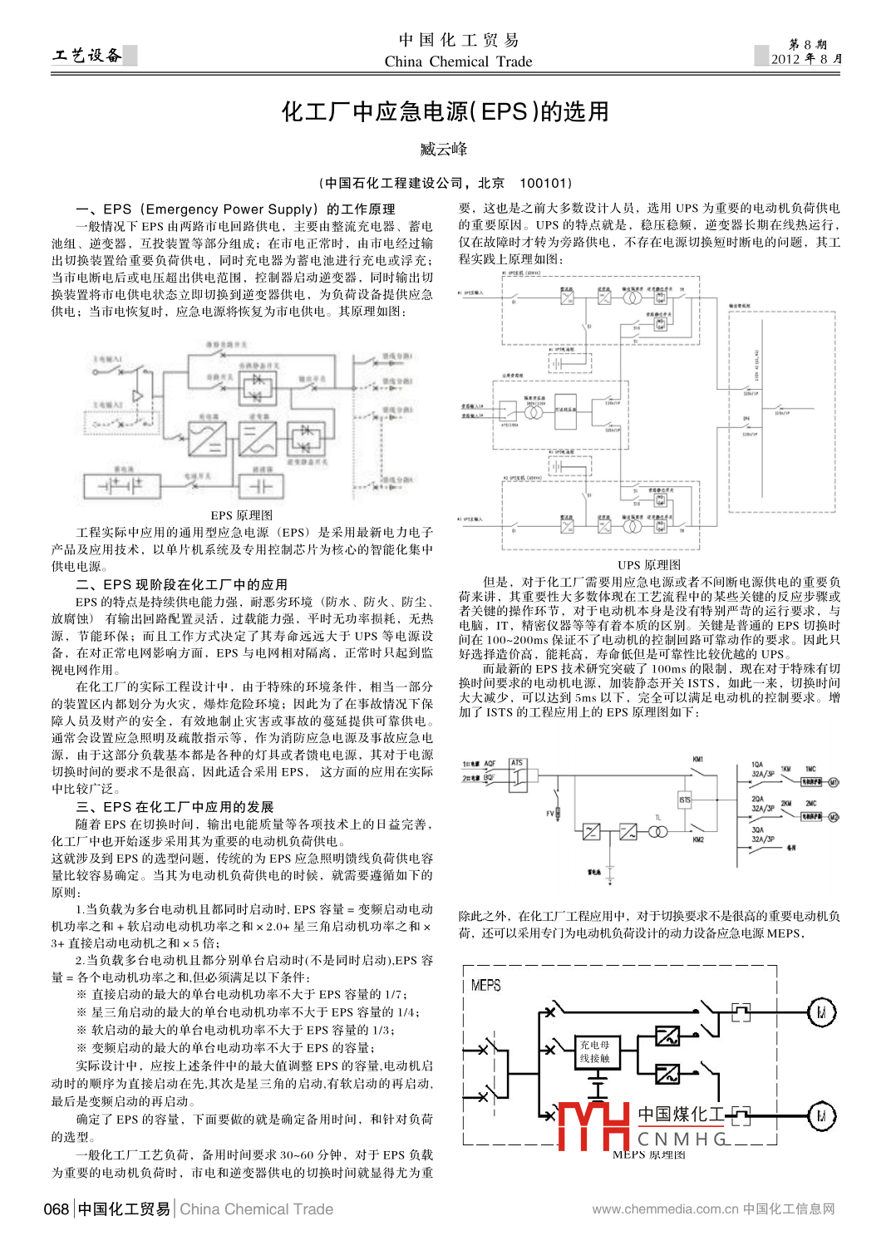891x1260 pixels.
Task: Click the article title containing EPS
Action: pyautogui.click(x=445, y=111)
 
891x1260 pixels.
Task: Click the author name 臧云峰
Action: pyautogui.click(x=444, y=150)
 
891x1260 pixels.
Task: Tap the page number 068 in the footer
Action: pyautogui.click(x=57, y=1209)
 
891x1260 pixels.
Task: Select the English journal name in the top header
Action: pyautogui.click(x=458, y=62)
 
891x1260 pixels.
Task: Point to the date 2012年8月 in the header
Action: pyautogui.click(x=805, y=59)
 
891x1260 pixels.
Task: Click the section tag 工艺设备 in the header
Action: pyautogui.click(x=86, y=56)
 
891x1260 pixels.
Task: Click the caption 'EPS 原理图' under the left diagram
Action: pyautogui.click(x=241, y=515)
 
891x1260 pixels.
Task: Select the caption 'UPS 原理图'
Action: pyautogui.click(x=649, y=565)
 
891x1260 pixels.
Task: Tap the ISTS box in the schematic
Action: pyautogui.click(x=685, y=800)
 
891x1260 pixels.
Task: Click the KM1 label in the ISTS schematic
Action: pyautogui.click(x=698, y=760)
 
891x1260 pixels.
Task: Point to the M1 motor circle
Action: pyautogui.click(x=834, y=782)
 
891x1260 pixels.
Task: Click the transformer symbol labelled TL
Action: pyautogui.click(x=657, y=831)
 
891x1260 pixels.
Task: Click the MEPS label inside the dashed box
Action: pyautogui.click(x=485, y=985)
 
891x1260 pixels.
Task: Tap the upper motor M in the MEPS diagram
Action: pyautogui.click(x=821, y=1012)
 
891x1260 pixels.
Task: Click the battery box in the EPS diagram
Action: pyautogui.click(x=122, y=485)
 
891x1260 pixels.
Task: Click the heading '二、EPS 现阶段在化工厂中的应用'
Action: pyautogui.click(x=182, y=584)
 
